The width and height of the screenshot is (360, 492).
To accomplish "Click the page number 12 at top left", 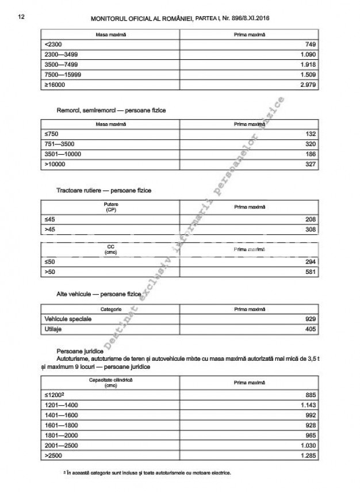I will (x=21, y=17).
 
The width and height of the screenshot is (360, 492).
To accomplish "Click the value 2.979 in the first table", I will (x=309, y=86).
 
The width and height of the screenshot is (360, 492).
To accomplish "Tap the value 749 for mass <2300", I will (x=311, y=44).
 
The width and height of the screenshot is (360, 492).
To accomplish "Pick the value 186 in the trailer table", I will (x=311, y=154).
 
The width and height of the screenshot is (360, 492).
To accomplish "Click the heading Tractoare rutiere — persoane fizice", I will (x=104, y=189).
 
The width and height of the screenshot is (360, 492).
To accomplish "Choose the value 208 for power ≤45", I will (x=311, y=220).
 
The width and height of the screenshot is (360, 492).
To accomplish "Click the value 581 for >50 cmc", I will (x=311, y=272).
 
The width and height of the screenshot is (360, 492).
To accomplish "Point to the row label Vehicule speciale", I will (x=68, y=319).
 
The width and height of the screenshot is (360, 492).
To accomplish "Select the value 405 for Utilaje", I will (x=311, y=329).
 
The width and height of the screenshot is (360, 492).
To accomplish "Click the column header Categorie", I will (x=110, y=308).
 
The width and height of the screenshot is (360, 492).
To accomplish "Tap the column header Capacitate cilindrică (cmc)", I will (x=110, y=383).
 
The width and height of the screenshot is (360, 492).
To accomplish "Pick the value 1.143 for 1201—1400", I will (x=309, y=406).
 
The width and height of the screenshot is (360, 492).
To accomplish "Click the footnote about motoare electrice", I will (x=148, y=473).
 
